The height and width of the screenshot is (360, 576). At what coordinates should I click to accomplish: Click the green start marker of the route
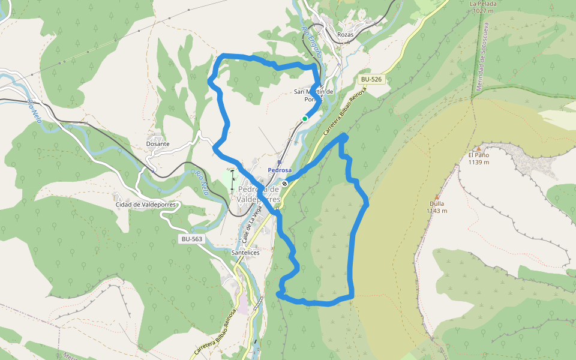point(305,119)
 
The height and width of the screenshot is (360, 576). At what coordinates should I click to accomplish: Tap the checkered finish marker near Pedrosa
point(286,184)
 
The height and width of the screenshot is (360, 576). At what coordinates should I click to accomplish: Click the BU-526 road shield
point(371,79)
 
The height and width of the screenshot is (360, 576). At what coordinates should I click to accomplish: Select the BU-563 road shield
point(192,239)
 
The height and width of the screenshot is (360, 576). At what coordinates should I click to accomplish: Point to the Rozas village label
point(346,35)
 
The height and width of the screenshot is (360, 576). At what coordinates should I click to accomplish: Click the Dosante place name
point(158,144)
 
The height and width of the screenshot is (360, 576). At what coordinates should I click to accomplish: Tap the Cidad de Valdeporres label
point(146,205)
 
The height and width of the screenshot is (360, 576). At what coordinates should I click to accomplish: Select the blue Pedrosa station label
point(280,170)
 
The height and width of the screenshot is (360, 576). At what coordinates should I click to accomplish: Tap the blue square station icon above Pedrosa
point(279,162)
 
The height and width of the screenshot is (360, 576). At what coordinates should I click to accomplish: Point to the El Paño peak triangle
point(479,148)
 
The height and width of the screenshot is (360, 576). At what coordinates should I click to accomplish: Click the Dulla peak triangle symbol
point(437,197)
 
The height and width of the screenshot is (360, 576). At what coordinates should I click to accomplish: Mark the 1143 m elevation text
point(436,211)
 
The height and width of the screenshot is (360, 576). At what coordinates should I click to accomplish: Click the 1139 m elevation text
point(479,162)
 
